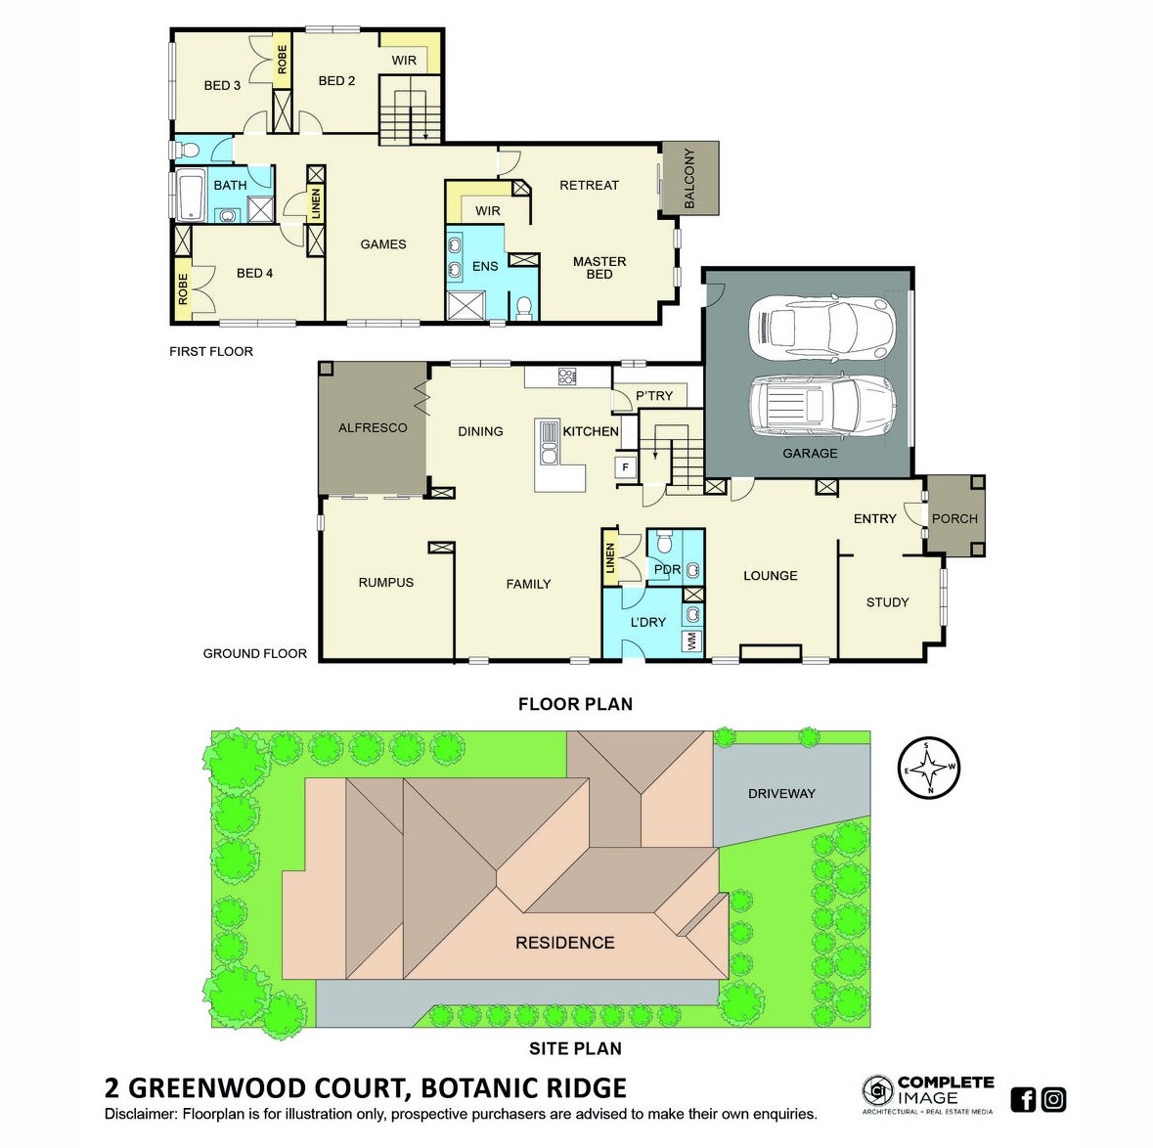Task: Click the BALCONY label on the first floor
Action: pyautogui.click(x=689, y=179)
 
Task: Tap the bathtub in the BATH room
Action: pyautogui.click(x=191, y=195)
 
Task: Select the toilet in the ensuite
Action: pyautogui.click(x=523, y=308)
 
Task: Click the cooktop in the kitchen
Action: pyautogui.click(x=567, y=376)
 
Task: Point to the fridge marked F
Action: pyautogui.click(x=626, y=467)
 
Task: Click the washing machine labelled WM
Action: pyautogui.click(x=691, y=640)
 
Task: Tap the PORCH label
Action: pyautogui.click(x=954, y=518)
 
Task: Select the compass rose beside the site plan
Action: pyautogui.click(x=929, y=768)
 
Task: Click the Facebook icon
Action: pyautogui.click(x=1023, y=1099)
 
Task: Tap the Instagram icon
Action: pyautogui.click(x=1053, y=1099)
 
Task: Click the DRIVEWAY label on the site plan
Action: pyautogui.click(x=781, y=793)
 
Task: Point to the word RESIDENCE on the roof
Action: pyautogui.click(x=564, y=943)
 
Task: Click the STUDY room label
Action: pyautogui.click(x=888, y=602)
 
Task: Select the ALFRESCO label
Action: pyautogui.click(x=373, y=427)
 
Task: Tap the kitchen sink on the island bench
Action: pyautogui.click(x=549, y=443)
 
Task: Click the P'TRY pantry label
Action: pyautogui.click(x=654, y=396)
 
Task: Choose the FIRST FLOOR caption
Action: pyautogui.click(x=211, y=351)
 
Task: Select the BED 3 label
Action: pyautogui.click(x=222, y=85)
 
